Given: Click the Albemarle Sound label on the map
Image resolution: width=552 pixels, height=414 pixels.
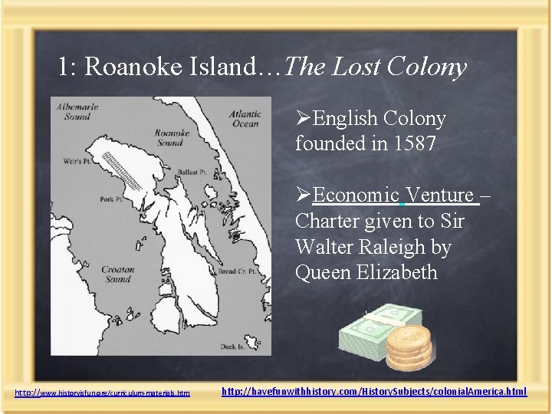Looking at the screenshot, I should (x=74, y=112).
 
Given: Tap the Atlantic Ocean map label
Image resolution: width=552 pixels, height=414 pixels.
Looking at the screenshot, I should (x=245, y=119).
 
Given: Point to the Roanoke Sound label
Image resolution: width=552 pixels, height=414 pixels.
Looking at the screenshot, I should (x=172, y=137).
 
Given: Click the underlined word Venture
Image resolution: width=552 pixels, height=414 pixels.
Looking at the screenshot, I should (x=441, y=195).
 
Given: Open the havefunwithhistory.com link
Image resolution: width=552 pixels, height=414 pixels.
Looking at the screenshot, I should (x=374, y=392).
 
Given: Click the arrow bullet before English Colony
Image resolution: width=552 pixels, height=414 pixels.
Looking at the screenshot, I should (x=304, y=119).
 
